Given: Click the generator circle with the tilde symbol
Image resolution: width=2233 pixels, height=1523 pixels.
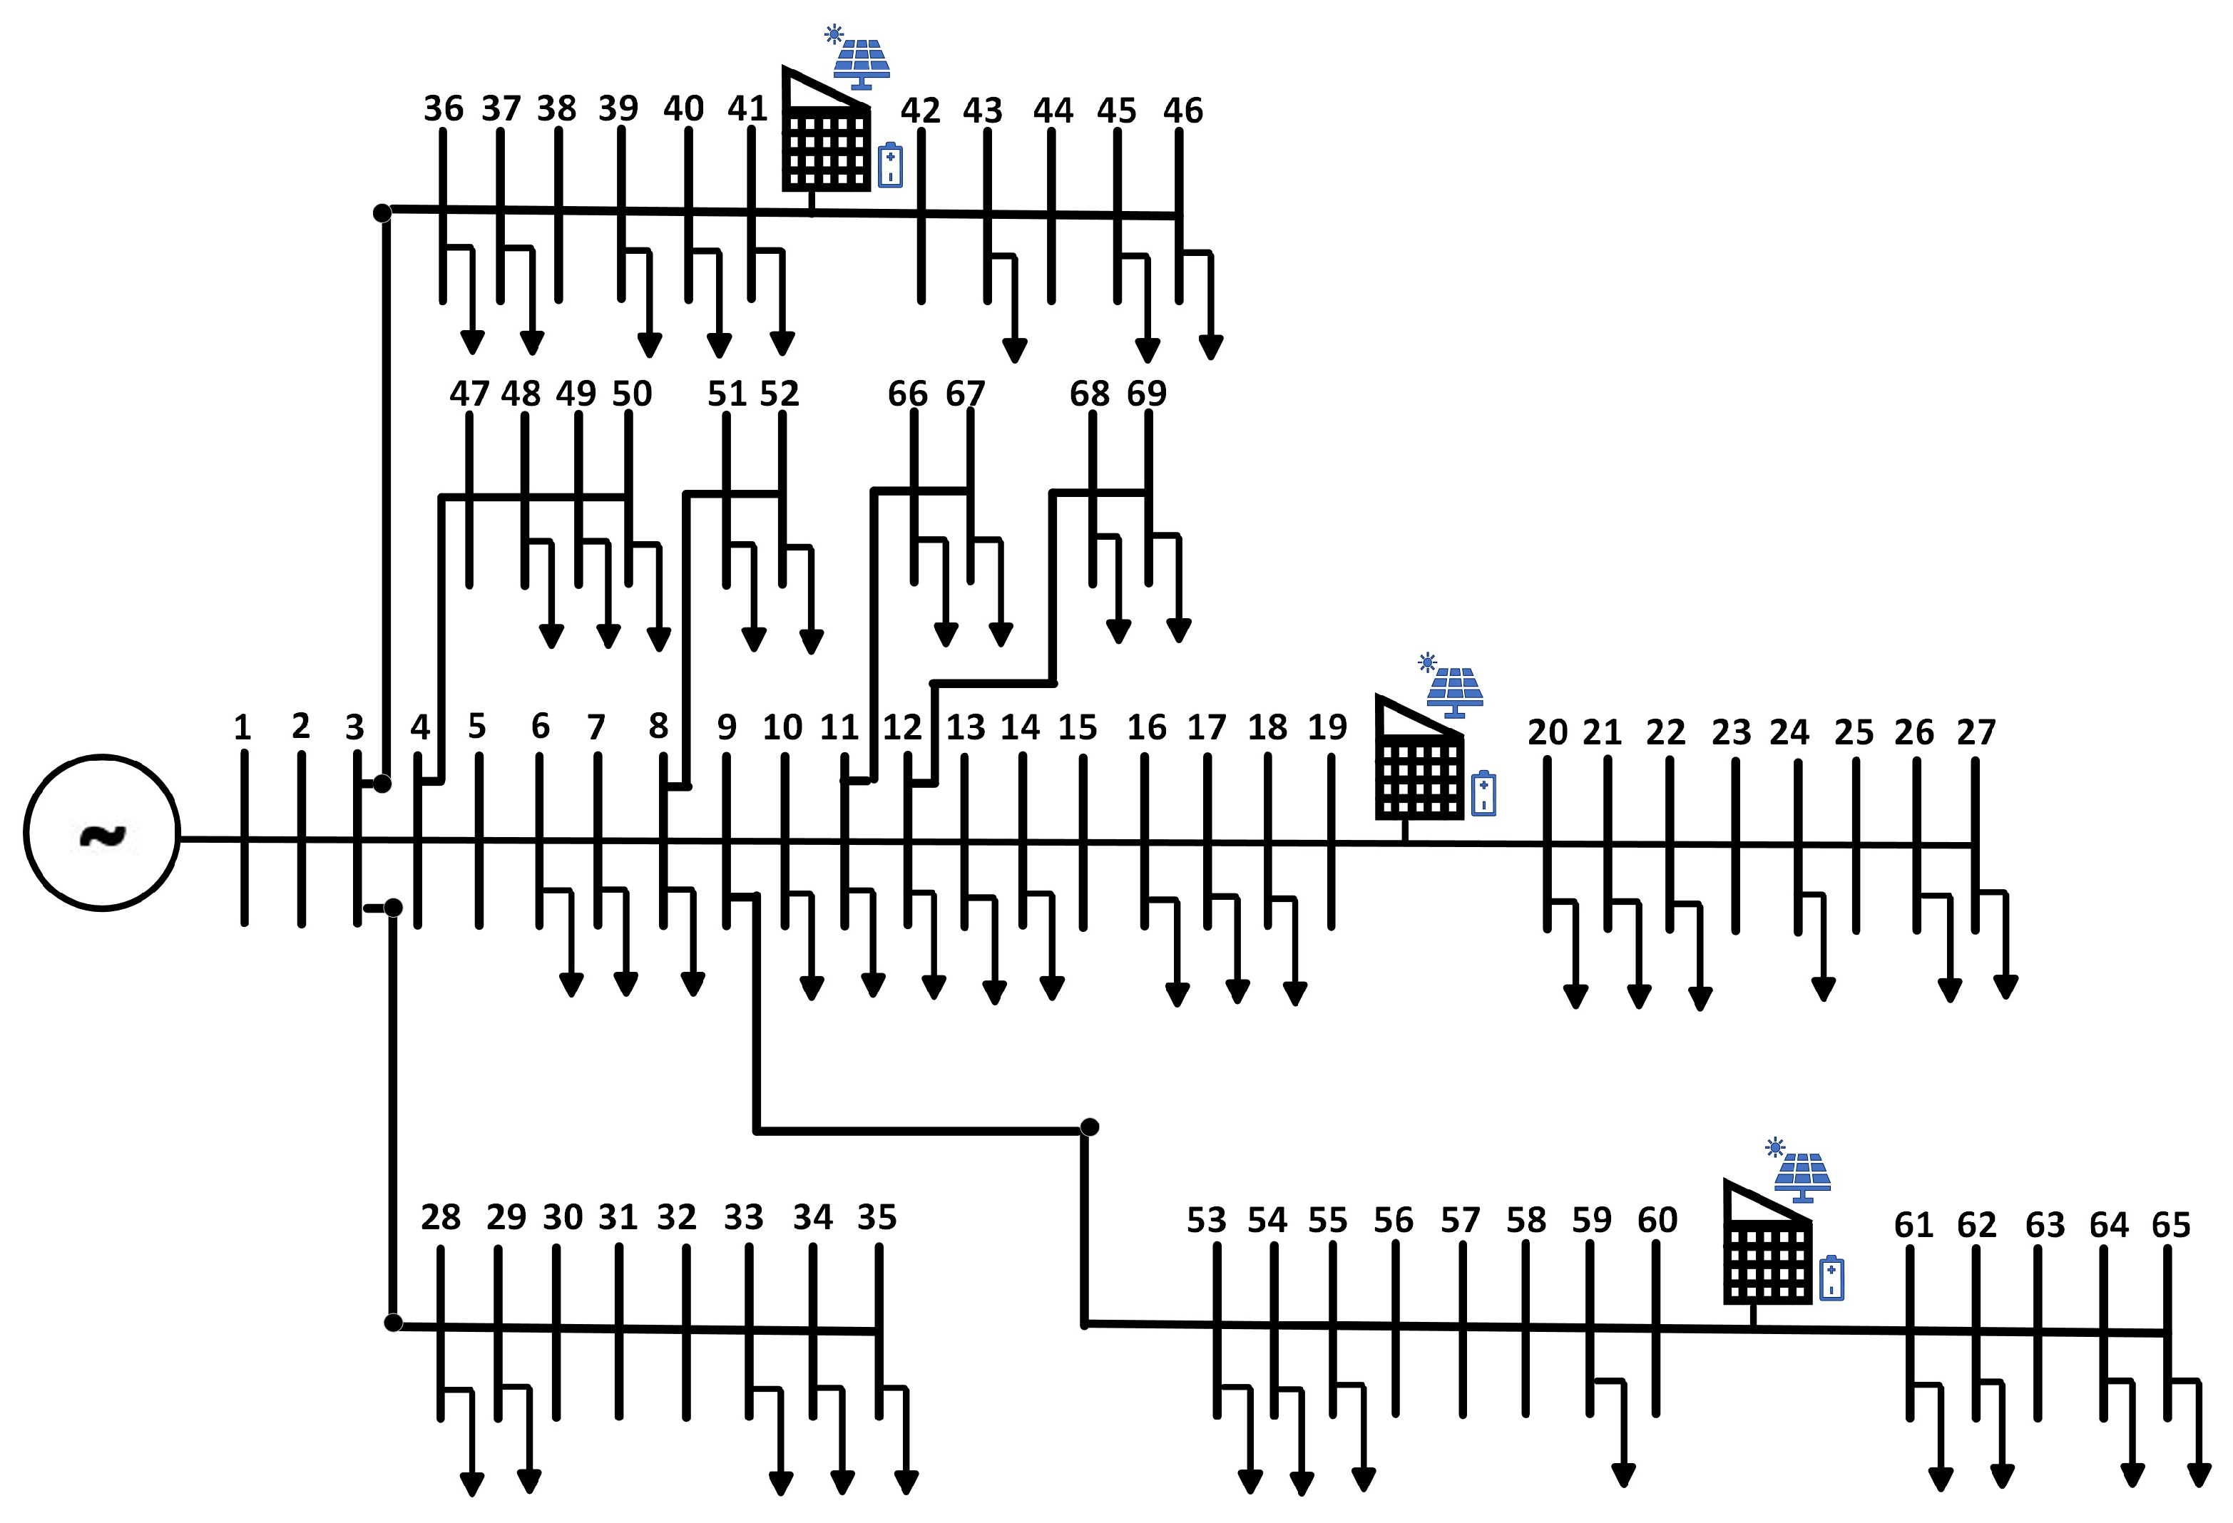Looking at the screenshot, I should pos(102,833).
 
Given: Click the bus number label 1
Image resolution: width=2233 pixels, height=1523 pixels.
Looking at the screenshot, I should pos(242,727).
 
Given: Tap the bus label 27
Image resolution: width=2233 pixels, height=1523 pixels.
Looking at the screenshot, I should pos(1976,732).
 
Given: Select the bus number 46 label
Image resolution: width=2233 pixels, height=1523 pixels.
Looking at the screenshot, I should pos(1182,111).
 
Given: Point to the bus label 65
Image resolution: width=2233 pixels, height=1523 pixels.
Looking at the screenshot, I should pos(2170,1225).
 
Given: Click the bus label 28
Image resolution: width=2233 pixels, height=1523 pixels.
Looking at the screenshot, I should pos(440,1217).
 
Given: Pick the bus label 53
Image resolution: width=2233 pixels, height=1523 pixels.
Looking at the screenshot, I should pos(1206,1220).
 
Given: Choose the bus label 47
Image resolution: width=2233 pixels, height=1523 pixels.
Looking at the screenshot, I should pos(469,393).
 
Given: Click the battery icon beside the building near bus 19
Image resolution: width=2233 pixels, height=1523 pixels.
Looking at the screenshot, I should pos(1483,794).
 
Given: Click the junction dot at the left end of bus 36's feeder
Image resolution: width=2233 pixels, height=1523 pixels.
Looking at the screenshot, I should pos(382,212).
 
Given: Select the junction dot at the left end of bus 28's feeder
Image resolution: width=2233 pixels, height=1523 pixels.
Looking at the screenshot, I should pos(393,1323).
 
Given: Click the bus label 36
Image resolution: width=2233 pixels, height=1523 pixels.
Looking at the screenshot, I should pos(443,108).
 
